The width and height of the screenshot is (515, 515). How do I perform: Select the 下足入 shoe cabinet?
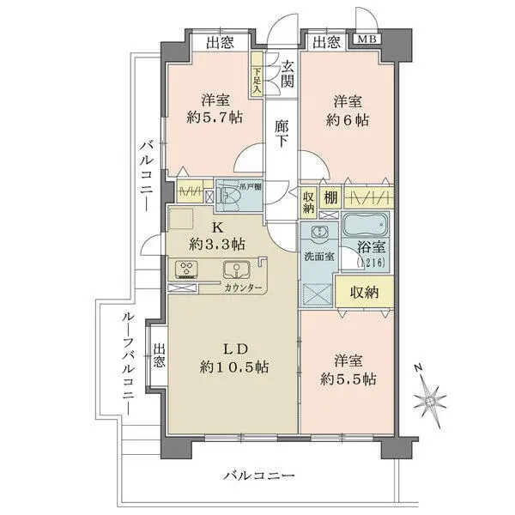(x=257, y=74)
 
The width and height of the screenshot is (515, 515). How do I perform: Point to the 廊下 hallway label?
(x=282, y=133)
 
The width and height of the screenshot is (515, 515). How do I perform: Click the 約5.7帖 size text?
(x=215, y=117)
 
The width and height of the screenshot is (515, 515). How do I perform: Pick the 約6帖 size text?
(x=347, y=120)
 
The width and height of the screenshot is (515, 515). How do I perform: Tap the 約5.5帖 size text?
(x=348, y=379)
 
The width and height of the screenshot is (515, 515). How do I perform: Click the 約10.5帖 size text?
(x=234, y=367)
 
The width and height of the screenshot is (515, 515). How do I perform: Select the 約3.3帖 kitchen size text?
(x=217, y=244)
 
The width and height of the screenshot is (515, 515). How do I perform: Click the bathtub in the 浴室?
(x=366, y=225)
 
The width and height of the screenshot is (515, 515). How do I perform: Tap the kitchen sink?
(x=236, y=270)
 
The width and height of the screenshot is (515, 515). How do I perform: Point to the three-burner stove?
(x=186, y=270)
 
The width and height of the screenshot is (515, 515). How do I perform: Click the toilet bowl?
(x=230, y=197)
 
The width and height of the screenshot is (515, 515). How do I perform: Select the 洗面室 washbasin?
(x=318, y=232)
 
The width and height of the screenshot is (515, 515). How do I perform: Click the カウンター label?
(x=243, y=288)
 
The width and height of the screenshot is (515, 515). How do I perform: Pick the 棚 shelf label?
(x=330, y=197)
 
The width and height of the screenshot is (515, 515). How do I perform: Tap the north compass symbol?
(x=430, y=398)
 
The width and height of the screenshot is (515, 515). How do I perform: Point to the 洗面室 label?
(x=319, y=257)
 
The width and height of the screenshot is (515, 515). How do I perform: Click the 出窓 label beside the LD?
(x=160, y=355)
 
